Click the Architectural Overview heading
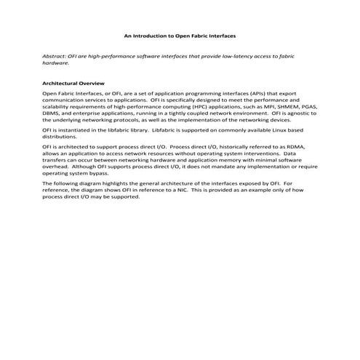pyautogui.click(x=74, y=84)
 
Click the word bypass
pyautogui.click(x=95, y=173)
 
